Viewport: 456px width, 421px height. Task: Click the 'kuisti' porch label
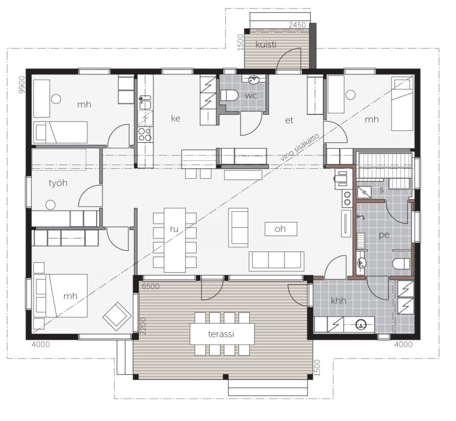point(266,45)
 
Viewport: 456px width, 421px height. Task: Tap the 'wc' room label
point(251,95)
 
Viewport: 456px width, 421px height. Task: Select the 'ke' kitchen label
point(176,118)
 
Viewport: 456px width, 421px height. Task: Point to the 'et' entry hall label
point(289,120)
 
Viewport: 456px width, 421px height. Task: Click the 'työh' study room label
point(58,183)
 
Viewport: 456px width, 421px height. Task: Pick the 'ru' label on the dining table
point(174,229)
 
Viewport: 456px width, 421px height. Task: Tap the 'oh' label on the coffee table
point(280,229)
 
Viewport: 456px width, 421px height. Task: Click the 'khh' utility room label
point(339,300)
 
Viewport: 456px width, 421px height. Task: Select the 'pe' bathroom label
point(384,235)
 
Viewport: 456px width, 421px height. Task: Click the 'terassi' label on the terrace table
point(221,334)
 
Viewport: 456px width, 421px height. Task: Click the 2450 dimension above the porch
point(297,25)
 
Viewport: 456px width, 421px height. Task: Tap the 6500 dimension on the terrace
point(151,286)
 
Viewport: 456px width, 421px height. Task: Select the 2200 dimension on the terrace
point(143,326)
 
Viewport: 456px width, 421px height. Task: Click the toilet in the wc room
point(229,95)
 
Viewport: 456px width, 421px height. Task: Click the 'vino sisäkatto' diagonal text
point(300,147)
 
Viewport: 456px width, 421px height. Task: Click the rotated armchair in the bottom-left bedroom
point(117,316)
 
